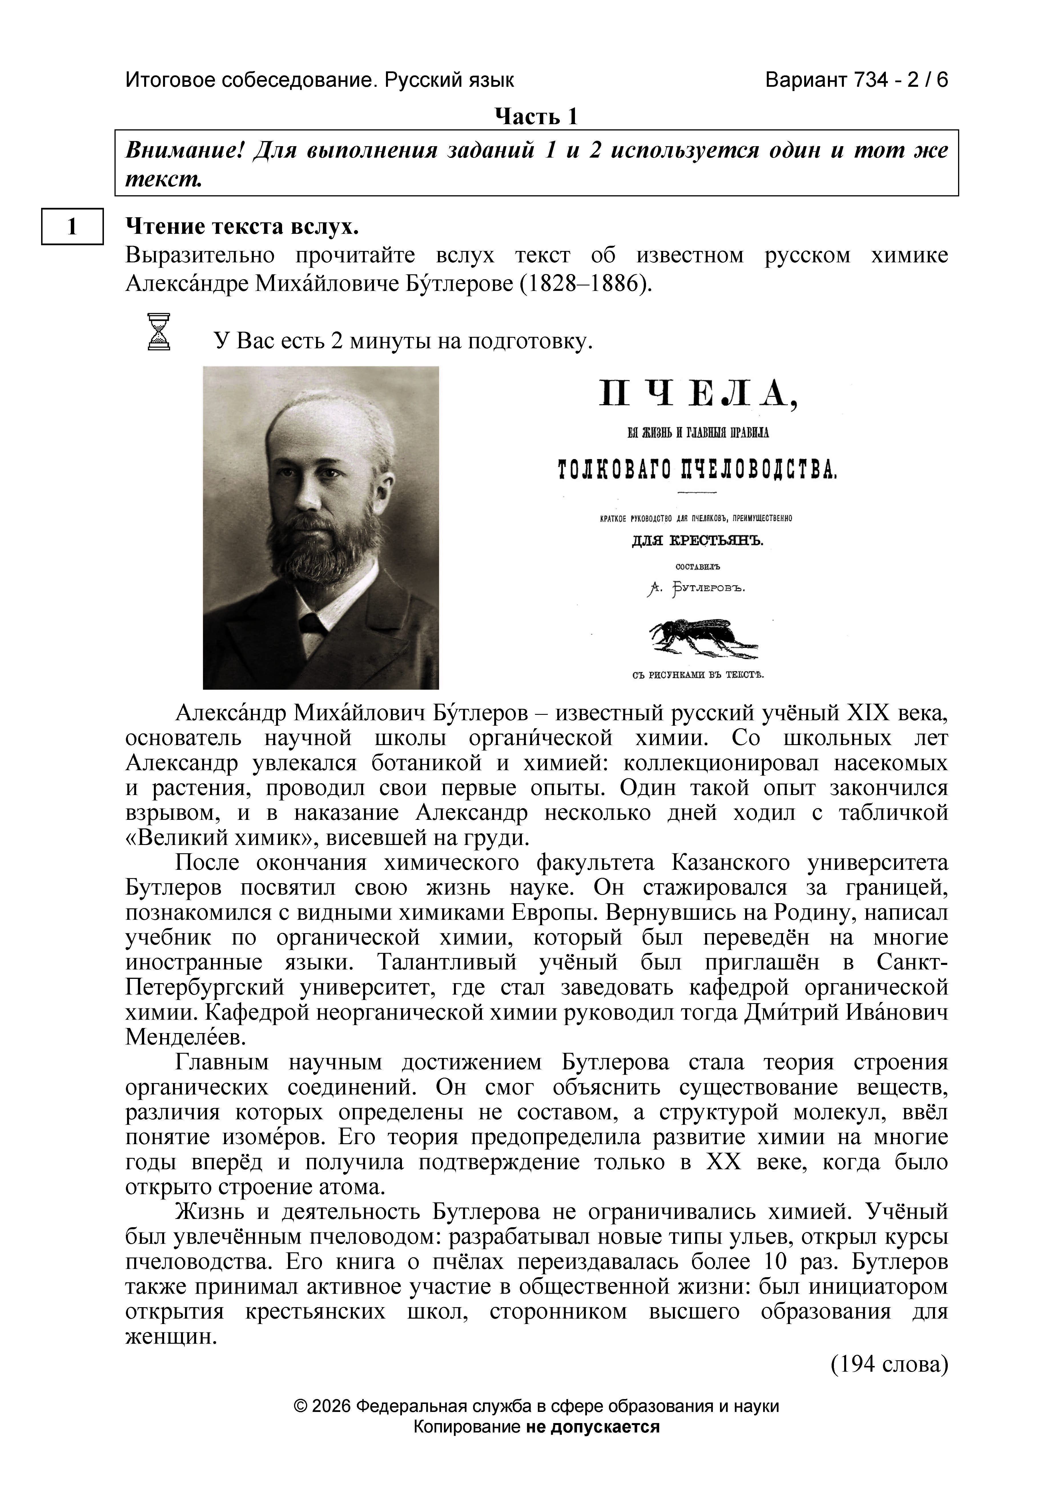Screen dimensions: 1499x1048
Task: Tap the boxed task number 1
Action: (73, 226)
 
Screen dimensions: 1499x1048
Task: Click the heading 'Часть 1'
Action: (536, 117)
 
